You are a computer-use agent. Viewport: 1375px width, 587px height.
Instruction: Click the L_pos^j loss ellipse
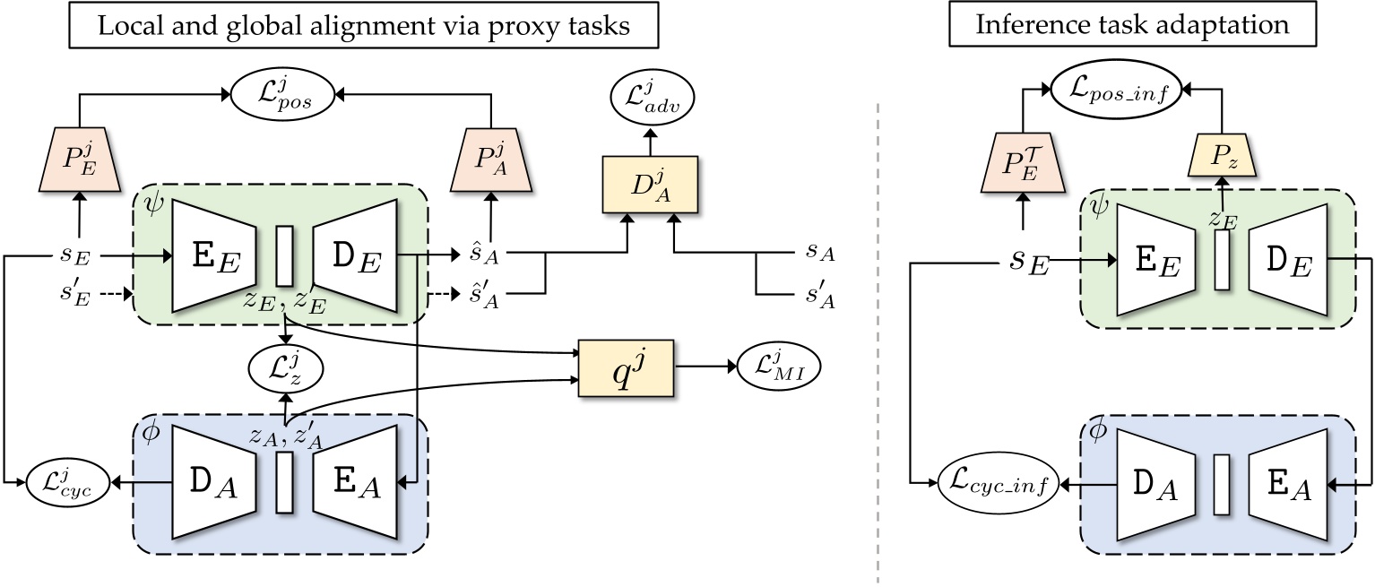tap(283, 92)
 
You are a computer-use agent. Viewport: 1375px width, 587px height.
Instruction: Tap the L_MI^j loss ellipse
tap(779, 368)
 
